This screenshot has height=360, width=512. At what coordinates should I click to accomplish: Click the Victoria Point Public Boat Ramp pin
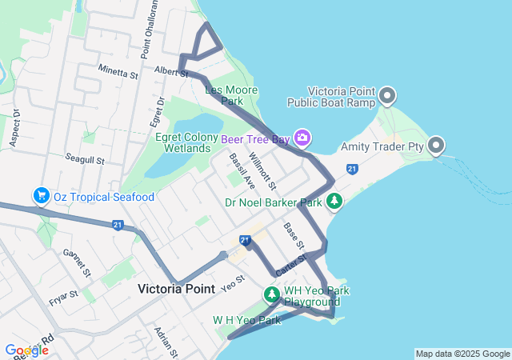point(387,97)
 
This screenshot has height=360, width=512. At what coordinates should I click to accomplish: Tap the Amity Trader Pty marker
point(436,146)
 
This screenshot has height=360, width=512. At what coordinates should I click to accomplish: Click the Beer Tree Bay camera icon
point(302,138)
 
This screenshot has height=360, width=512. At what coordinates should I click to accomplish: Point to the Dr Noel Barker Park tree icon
point(334,202)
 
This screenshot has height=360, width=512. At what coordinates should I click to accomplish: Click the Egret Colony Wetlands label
point(176,142)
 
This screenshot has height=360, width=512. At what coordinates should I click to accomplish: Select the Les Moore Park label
point(231,95)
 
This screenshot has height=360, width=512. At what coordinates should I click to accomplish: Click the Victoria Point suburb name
point(176,289)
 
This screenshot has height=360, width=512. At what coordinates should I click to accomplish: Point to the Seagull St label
point(85,159)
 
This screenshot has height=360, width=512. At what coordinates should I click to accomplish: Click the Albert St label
point(170,71)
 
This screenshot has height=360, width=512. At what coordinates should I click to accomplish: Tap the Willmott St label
point(262,171)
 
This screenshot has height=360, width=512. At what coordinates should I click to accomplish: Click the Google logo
point(26,350)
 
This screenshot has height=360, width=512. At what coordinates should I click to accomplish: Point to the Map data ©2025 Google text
point(462,354)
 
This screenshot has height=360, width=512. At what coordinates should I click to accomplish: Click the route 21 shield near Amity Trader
point(352,169)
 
